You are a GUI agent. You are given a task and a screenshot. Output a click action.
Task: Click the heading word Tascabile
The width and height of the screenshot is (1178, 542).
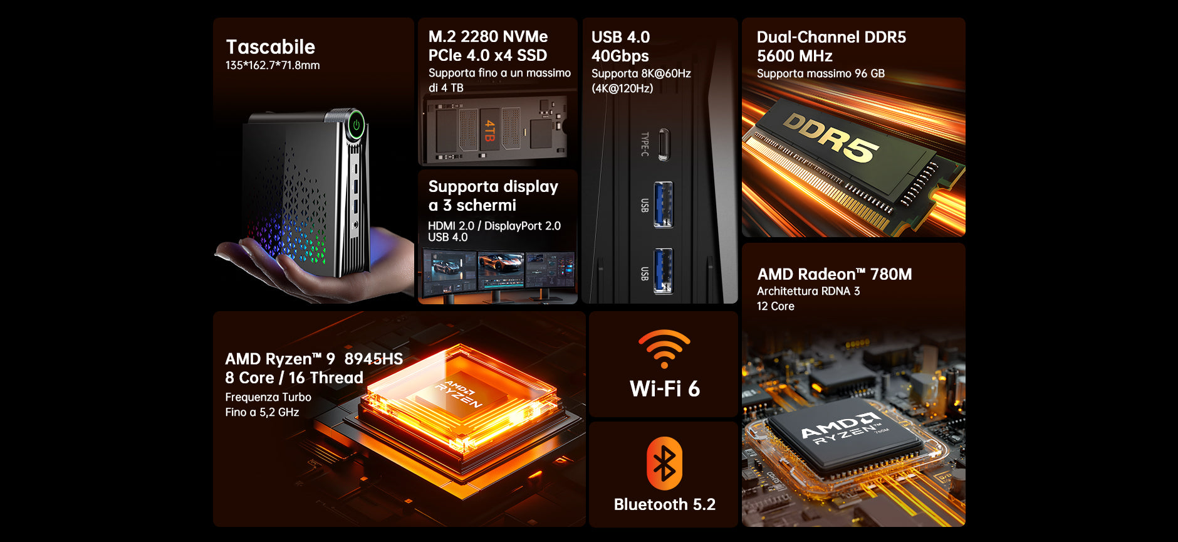[270, 47]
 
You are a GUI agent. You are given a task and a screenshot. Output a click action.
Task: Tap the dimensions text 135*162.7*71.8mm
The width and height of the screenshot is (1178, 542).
[273, 65]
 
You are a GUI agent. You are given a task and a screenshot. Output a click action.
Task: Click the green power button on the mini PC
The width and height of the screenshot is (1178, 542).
[357, 124]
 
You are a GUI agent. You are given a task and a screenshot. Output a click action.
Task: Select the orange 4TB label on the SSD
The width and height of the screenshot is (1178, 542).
[489, 130]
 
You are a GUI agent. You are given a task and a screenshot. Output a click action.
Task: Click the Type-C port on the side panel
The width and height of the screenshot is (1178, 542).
[664, 144]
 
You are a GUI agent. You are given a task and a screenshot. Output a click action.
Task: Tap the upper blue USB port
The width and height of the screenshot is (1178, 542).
[663, 205]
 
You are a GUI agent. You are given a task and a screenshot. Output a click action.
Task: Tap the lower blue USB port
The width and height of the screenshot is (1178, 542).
[663, 271]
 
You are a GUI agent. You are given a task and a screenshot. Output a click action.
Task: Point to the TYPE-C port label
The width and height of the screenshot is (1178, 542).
[645, 144]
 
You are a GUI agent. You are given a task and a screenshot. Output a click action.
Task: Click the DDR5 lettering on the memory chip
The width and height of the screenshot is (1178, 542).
[830, 137]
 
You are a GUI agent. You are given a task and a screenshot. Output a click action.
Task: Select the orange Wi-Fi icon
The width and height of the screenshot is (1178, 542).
[664, 349]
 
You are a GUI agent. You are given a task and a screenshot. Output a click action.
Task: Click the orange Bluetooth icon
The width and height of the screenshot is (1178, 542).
[664, 464]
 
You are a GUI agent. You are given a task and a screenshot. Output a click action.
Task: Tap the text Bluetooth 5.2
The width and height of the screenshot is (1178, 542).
[664, 504]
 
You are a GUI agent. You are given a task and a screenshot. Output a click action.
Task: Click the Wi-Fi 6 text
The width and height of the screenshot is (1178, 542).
[664, 389]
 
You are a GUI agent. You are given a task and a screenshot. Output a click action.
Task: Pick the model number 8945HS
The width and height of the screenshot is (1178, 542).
[373, 359]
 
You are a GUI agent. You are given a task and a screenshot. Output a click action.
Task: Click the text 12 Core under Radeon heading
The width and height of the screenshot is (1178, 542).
[776, 306]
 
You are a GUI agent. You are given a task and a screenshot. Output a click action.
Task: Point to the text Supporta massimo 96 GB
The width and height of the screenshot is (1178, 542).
[821, 73]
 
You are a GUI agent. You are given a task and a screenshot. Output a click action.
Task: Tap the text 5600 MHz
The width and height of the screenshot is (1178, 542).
[795, 56]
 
